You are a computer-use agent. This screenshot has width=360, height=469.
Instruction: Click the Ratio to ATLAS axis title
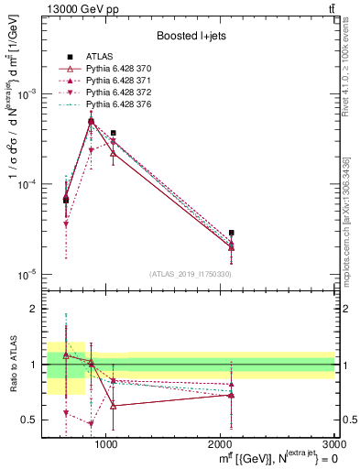(x=12, y=365)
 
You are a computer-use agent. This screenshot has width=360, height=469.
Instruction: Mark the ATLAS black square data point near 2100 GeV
(x=232, y=233)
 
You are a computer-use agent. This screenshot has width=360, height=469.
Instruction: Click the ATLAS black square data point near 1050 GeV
(x=113, y=133)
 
